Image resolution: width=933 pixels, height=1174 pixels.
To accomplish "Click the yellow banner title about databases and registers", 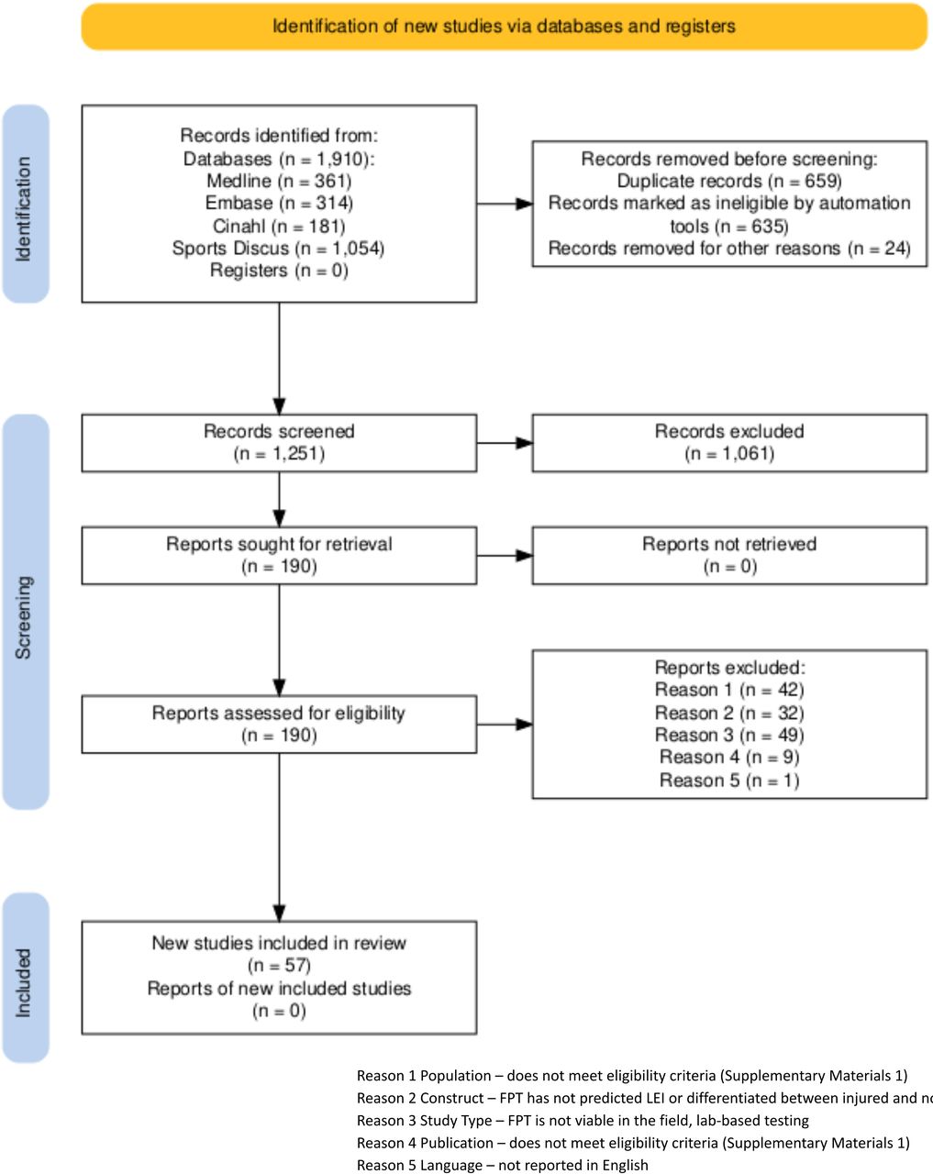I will [504, 26].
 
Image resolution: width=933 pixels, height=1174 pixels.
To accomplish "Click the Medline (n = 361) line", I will [279, 181].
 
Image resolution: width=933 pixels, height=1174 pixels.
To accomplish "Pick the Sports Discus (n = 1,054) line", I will [279, 248].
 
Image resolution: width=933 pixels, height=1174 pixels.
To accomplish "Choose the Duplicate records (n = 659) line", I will [728, 181].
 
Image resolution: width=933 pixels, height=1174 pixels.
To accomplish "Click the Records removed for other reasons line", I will [728, 248].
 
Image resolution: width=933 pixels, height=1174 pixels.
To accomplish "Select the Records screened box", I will [279, 442].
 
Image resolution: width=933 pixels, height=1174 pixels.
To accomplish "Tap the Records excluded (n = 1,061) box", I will [728, 442].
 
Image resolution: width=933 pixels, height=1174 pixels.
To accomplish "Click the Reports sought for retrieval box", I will [279, 555].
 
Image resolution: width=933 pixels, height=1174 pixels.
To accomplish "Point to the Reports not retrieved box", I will [728, 555].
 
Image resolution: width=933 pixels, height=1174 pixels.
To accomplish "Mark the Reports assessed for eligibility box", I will [279, 724].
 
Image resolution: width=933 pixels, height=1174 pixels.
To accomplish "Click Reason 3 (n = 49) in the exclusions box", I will [728, 735].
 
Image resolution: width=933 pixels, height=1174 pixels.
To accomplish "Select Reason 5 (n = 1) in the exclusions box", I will [728, 781].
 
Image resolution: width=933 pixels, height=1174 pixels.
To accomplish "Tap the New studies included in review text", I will [279, 943].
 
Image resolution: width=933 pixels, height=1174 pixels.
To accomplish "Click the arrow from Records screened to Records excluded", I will [504, 443].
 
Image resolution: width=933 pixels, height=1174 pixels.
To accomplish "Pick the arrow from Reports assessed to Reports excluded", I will [504, 725].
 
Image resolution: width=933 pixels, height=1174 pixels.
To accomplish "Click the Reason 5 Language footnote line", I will [502, 1165].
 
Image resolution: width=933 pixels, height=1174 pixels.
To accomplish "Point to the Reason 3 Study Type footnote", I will [583, 1120].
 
